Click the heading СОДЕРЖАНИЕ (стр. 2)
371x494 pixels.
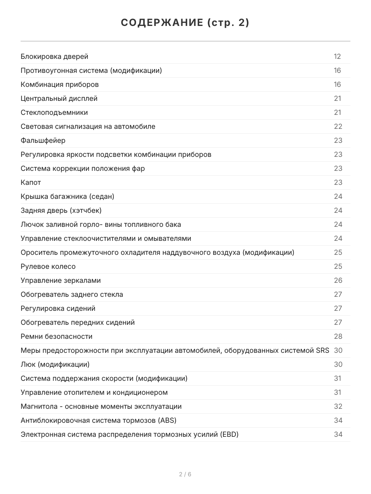[185, 23]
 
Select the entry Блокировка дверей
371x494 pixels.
[54, 56]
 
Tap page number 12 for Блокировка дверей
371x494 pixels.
[337, 56]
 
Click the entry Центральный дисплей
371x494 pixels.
[59, 98]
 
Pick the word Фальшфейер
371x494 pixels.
[43, 140]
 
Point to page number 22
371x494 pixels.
[338, 126]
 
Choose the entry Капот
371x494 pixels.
[31, 182]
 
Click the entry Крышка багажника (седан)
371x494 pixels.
[68, 196]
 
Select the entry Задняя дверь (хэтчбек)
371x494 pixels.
[61, 210]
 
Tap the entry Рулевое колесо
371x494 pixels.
[48, 266]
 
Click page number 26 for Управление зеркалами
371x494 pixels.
[338, 280]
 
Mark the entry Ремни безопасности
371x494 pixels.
[56, 336]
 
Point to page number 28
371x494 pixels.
[338, 336]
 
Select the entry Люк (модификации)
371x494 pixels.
[55, 364]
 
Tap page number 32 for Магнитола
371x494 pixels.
[338, 406]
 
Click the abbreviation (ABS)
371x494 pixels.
[167, 420]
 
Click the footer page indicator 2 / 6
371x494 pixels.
[185, 474]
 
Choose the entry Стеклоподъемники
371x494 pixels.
[54, 112]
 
